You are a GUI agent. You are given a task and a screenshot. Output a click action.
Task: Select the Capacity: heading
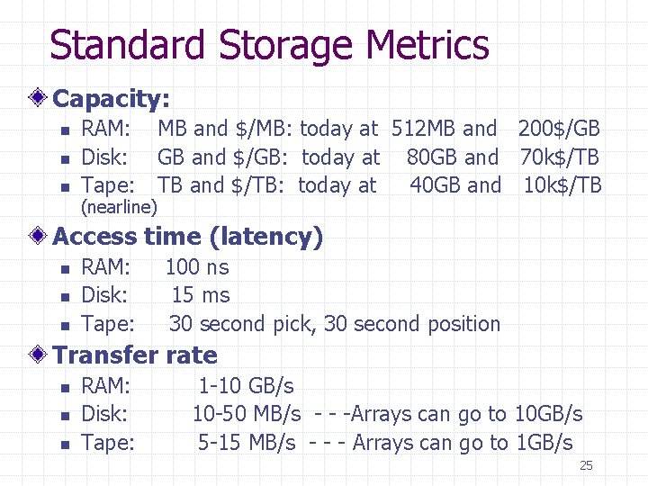click(x=112, y=98)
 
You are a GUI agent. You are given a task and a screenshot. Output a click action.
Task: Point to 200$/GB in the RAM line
click(x=558, y=129)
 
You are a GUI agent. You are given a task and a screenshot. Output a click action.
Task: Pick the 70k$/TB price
click(x=559, y=157)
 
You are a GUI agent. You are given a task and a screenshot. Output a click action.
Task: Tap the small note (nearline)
click(x=119, y=208)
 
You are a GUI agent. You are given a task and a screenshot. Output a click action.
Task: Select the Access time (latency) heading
click(x=187, y=237)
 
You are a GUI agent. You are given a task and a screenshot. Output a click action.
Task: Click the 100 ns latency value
click(x=196, y=267)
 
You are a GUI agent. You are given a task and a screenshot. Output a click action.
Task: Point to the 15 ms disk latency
click(x=201, y=295)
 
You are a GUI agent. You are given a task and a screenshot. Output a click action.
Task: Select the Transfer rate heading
click(x=135, y=355)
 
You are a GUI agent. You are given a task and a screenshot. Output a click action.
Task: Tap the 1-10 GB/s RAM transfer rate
click(x=246, y=386)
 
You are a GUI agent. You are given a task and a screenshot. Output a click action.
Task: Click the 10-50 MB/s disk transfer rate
click(x=247, y=414)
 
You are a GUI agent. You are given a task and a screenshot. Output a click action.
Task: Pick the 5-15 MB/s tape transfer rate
click(x=247, y=443)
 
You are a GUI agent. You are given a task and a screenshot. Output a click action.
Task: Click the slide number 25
click(x=586, y=465)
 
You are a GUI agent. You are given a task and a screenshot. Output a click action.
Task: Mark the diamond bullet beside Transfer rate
click(x=40, y=355)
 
